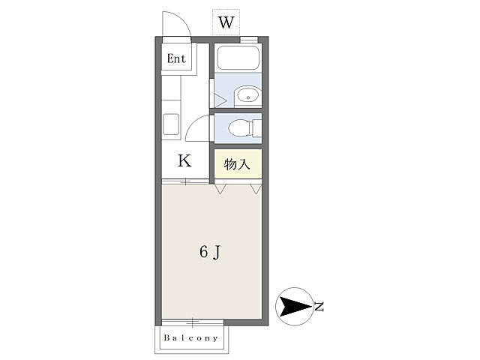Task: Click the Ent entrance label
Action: pyautogui.click(x=176, y=58)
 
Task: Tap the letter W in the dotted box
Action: pyautogui.click(x=226, y=22)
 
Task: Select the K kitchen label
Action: pyautogui.click(x=184, y=160)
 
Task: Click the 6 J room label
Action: pyautogui.click(x=210, y=252)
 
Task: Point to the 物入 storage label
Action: pyautogui.click(x=237, y=164)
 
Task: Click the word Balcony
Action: pyautogui.click(x=190, y=337)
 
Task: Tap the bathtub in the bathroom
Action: pyautogui.click(x=238, y=58)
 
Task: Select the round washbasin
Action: pyautogui.click(x=248, y=95)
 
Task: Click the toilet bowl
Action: pyautogui.click(x=241, y=127)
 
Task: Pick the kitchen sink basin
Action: pyautogui.click(x=171, y=124)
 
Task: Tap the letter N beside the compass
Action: pyautogui.click(x=319, y=307)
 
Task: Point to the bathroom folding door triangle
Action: pyautogui.click(x=220, y=100)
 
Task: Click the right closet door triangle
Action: pyautogui.click(x=256, y=188)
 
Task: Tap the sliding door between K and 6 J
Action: pyautogui.click(x=185, y=181)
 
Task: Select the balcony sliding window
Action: pyautogui.click(x=193, y=322)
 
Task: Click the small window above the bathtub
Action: pyautogui.click(x=249, y=40)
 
